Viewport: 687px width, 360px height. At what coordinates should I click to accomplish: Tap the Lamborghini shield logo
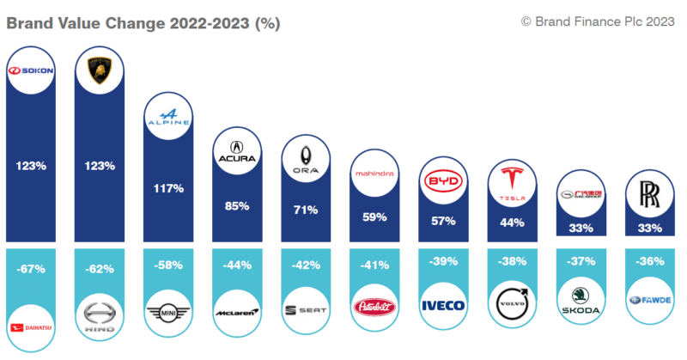click(101, 70)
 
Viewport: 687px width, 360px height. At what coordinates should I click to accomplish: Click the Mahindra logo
click(374, 174)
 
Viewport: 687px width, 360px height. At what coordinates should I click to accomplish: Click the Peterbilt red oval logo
click(374, 306)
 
